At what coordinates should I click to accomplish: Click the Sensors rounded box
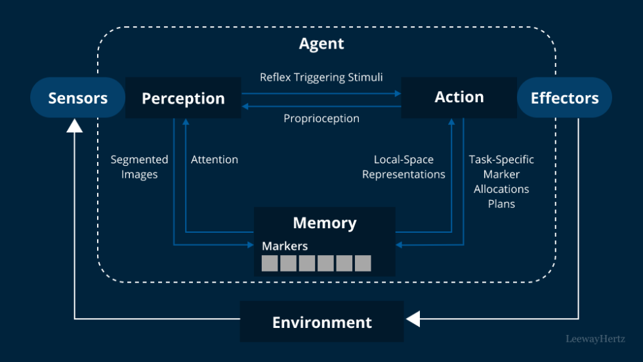coord(77,98)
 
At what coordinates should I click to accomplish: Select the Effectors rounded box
coord(564,98)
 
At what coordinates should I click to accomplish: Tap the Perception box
coord(183,98)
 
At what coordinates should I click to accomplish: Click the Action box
coord(459,97)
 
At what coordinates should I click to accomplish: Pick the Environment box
coord(321,322)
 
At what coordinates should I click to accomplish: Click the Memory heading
coord(325,222)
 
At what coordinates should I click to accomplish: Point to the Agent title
coord(321,44)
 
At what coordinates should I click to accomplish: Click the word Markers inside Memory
coord(285,246)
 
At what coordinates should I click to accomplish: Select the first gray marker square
coord(270,263)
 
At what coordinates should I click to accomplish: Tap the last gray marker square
coord(363,263)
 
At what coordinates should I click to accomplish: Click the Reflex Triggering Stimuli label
coord(321,77)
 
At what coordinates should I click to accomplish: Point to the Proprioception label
coord(321,119)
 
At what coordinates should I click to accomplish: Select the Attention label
coord(215,159)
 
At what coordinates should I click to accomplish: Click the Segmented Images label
coord(139,167)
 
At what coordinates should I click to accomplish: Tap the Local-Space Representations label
coord(404,167)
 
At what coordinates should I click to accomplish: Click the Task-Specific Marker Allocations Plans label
coord(501,182)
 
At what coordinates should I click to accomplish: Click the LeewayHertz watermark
coord(595,339)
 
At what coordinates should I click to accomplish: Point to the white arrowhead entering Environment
coord(412,319)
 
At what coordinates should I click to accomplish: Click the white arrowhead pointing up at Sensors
coord(75,125)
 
